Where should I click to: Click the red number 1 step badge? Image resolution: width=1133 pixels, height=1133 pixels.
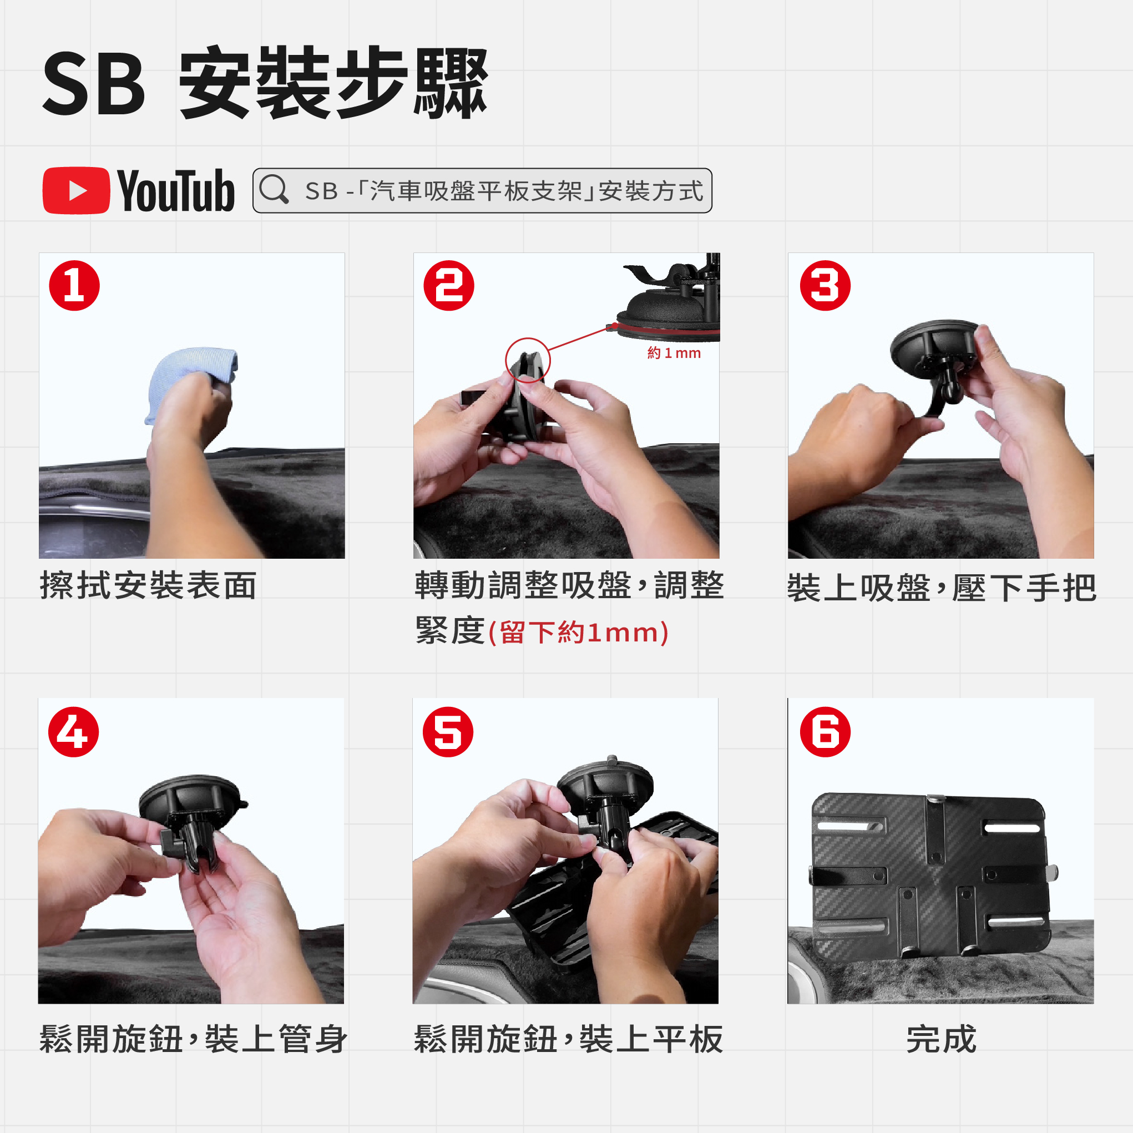(74, 286)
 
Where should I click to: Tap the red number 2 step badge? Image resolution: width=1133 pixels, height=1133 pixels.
(449, 286)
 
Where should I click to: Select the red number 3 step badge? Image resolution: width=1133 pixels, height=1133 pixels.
(825, 286)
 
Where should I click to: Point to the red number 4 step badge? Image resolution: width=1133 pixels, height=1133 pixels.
(73, 732)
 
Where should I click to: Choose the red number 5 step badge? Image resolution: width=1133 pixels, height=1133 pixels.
(448, 732)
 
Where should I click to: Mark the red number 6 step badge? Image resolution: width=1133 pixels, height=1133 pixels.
(825, 732)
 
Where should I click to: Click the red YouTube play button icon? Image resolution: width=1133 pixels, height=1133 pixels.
(76, 191)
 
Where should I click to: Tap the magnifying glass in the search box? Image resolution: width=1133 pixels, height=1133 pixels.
(274, 189)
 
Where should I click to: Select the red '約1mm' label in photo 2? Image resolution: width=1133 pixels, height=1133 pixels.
(674, 353)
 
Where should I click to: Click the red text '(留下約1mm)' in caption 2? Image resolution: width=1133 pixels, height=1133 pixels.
(578, 633)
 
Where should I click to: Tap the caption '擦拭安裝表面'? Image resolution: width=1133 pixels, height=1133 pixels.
(148, 585)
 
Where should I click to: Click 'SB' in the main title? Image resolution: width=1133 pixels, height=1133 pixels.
(94, 83)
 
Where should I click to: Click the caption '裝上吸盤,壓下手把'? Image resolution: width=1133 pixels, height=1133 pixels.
(941, 588)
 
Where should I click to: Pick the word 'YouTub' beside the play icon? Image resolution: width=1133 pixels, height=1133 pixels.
(176, 191)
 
